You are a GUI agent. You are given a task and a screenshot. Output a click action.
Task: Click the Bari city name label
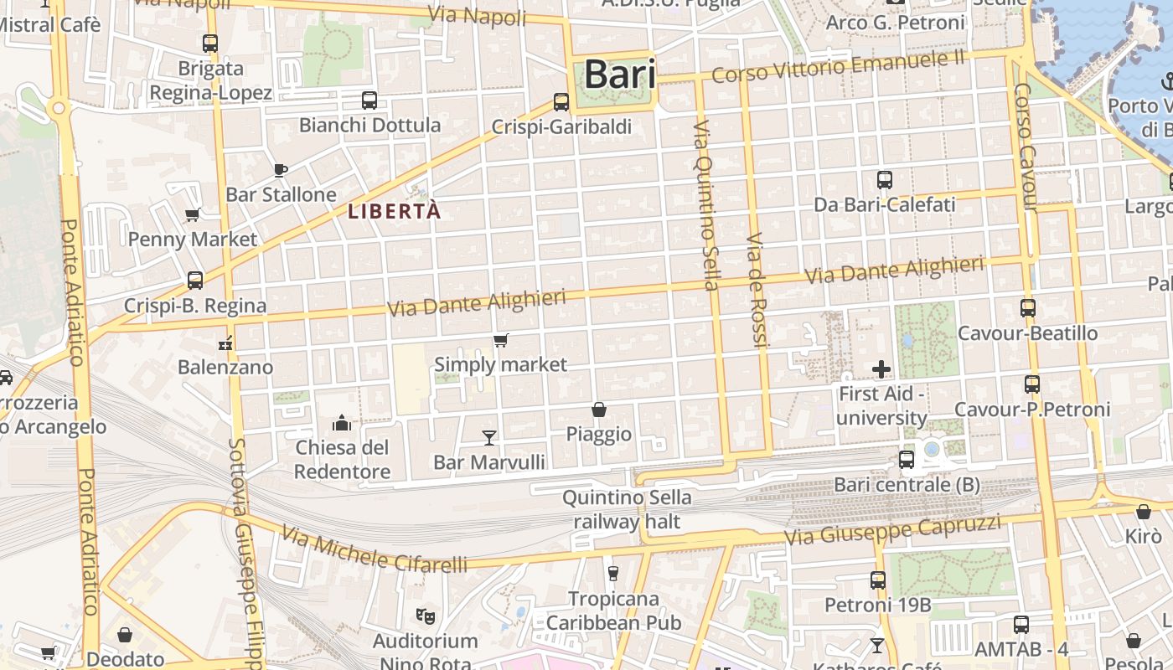point(619,74)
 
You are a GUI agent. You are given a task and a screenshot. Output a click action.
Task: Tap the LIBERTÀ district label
point(394,211)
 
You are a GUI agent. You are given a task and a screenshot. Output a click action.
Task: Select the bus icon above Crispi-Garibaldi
point(561,102)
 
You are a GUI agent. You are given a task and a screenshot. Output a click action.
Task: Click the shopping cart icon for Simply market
point(501,340)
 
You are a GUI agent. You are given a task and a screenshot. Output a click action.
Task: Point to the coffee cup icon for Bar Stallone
point(281,170)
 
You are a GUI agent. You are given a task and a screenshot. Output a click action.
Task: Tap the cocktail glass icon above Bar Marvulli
point(489,437)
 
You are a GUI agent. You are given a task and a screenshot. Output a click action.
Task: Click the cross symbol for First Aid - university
point(881,368)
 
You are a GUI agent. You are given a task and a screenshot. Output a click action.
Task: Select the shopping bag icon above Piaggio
point(598,410)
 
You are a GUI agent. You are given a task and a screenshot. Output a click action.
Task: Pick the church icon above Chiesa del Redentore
point(341,422)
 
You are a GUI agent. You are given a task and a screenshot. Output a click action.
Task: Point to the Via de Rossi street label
point(757,289)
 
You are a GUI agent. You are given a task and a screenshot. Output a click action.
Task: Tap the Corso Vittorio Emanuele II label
point(838,65)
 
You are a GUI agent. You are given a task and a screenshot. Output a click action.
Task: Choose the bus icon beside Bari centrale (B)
point(906,459)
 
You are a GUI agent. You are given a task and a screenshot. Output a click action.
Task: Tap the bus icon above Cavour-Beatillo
point(1028,307)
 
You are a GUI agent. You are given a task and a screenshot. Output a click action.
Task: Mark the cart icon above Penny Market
point(193,214)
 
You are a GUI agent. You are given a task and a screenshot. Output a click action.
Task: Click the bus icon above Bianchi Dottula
point(369,100)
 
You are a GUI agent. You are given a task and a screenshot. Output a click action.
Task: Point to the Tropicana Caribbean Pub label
point(613,611)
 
